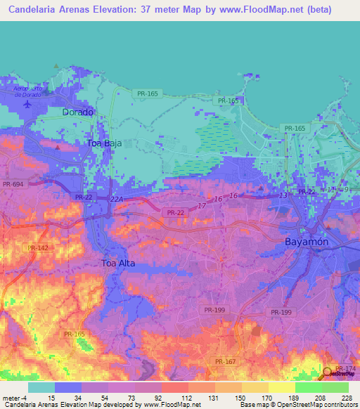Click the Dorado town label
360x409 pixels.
[x=77, y=112]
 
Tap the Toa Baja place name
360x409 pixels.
[x=104, y=143]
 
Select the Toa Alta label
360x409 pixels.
[x=117, y=264]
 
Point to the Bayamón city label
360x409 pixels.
[x=307, y=241]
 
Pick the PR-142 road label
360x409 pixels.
[x=38, y=247]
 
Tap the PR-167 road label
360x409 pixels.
[x=226, y=361]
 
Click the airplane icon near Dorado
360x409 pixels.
[x=27, y=105]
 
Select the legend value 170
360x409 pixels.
[x=266, y=398]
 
